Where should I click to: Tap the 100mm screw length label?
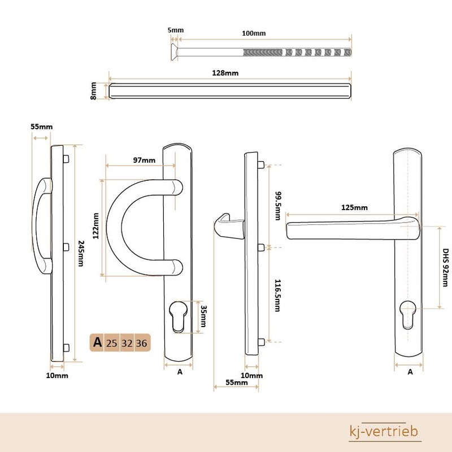254,33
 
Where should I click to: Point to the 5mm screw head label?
176,30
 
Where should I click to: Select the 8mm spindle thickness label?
94,91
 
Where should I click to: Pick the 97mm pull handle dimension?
144,160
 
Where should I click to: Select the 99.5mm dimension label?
276,206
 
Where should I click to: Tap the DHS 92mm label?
446,267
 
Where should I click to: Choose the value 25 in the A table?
111,342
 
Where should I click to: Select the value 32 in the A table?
127,342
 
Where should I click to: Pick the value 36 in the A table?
141,342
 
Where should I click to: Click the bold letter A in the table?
97,342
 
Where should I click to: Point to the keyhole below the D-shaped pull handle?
179,316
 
